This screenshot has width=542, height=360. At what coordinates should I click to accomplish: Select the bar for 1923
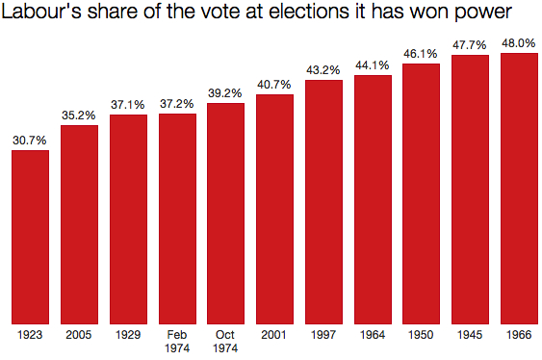pyautogui.click(x=30, y=237)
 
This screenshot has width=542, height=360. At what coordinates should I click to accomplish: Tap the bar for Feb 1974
pyautogui.click(x=177, y=219)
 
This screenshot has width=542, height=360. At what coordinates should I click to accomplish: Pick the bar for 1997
pyautogui.click(x=323, y=202)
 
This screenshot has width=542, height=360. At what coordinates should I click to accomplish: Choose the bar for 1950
pyautogui.click(x=421, y=193)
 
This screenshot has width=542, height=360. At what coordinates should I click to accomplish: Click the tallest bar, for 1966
pyautogui.click(x=519, y=189)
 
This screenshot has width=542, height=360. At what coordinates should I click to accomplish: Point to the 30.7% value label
pyautogui.click(x=30, y=141)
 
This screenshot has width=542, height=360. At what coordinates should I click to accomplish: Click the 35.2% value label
pyautogui.click(x=79, y=116)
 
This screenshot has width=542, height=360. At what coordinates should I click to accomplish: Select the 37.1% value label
pyautogui.click(x=128, y=105)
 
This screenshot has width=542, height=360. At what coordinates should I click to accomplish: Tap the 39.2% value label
pyautogui.click(x=225, y=93)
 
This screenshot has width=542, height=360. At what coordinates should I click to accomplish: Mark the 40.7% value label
pyautogui.click(x=274, y=85)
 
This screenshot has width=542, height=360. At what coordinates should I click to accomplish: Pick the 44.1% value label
pyautogui.click(x=373, y=65)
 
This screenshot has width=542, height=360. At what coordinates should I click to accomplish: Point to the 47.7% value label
pyautogui.click(x=470, y=45)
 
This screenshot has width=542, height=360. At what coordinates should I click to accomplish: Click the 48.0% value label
pyautogui.click(x=519, y=43)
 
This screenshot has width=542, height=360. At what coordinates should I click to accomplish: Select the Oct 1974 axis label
pyautogui.click(x=225, y=341)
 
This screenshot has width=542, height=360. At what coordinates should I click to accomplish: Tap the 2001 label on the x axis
pyautogui.click(x=274, y=335)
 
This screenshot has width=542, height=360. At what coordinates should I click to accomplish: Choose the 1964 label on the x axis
pyautogui.click(x=373, y=335)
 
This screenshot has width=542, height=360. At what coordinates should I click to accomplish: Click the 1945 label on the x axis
pyautogui.click(x=470, y=335)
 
